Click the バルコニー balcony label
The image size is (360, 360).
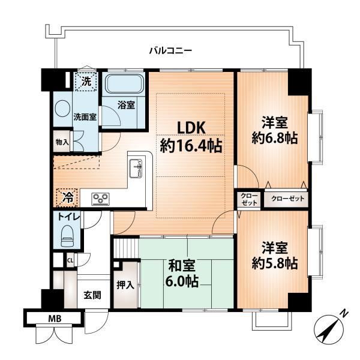(170, 50)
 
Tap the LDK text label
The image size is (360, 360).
(191, 128)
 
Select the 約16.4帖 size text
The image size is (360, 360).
(191, 146)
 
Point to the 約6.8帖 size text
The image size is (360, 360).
(275, 138)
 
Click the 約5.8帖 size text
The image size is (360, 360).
(275, 263)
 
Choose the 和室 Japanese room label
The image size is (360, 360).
(182, 266)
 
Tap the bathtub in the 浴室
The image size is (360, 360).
(125, 83)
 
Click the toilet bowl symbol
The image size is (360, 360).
(67, 236)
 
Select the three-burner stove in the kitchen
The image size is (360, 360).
(101, 199)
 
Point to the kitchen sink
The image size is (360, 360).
(136, 169)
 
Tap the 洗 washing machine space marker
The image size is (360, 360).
(86, 81)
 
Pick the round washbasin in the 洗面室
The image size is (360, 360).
(62, 110)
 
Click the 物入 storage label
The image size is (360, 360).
(62, 142)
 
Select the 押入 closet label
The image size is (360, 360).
(125, 285)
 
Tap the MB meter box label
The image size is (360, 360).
(55, 319)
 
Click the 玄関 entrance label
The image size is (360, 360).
(92, 295)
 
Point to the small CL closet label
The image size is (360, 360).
(70, 260)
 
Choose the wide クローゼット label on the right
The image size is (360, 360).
(287, 199)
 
